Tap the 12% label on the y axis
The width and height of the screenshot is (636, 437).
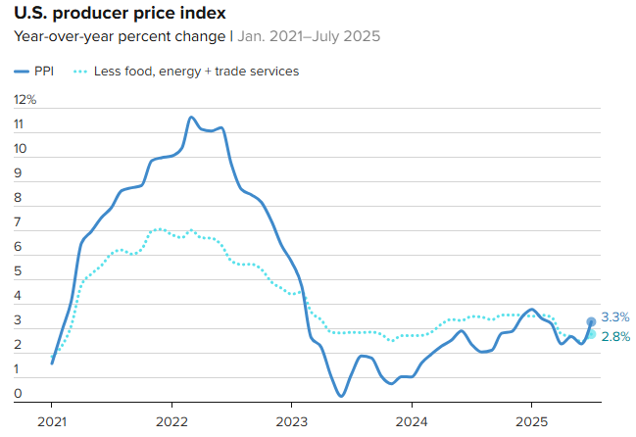[x=25, y=100]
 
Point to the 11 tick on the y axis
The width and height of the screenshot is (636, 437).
[x=19, y=124]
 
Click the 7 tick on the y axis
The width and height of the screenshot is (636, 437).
[x=19, y=222]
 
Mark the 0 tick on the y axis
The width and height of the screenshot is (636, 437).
[x=19, y=394]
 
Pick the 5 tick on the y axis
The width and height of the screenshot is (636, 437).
[x=19, y=271]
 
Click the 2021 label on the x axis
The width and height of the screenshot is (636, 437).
[x=52, y=420]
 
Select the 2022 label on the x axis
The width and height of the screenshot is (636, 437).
[x=171, y=420]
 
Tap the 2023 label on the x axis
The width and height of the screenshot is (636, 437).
[x=291, y=420]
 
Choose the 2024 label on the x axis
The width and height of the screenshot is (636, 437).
[x=412, y=420]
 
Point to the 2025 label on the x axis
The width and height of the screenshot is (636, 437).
[x=531, y=420]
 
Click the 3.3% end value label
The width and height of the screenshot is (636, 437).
[x=615, y=317]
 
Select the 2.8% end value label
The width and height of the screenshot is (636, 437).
[x=615, y=337]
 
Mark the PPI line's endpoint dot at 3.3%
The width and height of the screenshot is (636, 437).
[x=592, y=321]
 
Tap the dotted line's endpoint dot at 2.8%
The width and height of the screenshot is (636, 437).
[x=592, y=334]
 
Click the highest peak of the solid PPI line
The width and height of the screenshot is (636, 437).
[x=191, y=118]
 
